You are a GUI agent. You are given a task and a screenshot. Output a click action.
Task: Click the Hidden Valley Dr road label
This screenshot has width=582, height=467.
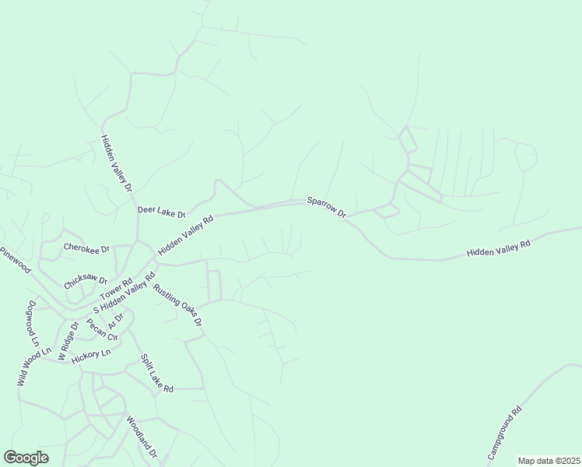tap(117, 164)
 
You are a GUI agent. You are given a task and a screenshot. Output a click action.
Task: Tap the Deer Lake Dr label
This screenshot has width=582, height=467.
tap(162, 212)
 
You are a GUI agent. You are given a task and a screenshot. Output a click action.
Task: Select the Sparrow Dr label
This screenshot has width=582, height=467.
tap(326, 207)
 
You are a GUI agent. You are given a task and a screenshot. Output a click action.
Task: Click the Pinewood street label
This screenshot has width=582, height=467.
tap(15, 261)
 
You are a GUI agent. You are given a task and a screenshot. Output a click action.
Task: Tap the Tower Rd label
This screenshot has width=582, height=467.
tap(117, 289)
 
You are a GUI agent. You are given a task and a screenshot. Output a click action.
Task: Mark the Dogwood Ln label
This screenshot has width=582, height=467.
tap(33, 324)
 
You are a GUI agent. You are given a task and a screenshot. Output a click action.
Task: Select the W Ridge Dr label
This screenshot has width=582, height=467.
tap(64, 338)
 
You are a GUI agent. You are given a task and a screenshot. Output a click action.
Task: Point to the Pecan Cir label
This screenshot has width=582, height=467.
tap(102, 331)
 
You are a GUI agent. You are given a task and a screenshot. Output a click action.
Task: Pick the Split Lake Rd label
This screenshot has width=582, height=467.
tap(156, 373)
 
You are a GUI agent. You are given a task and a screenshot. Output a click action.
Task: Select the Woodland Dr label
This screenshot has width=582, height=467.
tap(142, 437)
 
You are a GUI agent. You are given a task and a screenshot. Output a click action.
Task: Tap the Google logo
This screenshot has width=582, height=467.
tap(26, 458)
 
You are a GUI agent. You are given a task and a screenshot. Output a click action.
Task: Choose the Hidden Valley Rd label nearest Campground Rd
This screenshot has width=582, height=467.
tap(498, 249)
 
